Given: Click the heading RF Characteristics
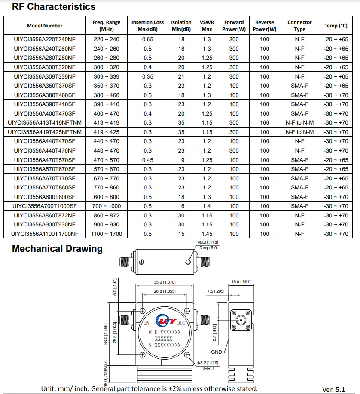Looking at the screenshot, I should [x=54, y=7].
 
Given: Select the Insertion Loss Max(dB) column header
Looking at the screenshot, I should [x=147, y=26].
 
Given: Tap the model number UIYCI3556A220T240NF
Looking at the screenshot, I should [x=44, y=40].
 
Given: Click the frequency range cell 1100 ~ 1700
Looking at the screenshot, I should [x=107, y=234].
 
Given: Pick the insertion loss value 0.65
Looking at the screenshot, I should [x=147, y=40].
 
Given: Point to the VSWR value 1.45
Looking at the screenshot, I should [x=207, y=234].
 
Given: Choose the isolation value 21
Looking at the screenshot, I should [x=181, y=76].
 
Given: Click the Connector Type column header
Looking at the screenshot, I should [x=299, y=26].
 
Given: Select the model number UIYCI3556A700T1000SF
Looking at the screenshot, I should [x=44, y=206].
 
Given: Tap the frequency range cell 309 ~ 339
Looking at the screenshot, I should [x=107, y=76].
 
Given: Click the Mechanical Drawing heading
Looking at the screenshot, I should [x=57, y=249].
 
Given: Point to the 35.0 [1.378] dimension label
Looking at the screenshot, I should [x=165, y=282].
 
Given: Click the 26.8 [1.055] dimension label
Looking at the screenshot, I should [x=165, y=291].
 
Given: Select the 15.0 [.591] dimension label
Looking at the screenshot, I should [x=241, y=282].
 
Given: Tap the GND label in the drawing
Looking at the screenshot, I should [x=217, y=352].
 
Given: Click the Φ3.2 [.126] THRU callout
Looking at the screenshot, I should [x=207, y=366].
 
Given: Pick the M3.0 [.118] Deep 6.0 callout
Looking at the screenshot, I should [x=208, y=245].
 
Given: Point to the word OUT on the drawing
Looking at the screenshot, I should [x=181, y=323].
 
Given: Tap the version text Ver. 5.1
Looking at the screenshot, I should [x=333, y=389].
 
